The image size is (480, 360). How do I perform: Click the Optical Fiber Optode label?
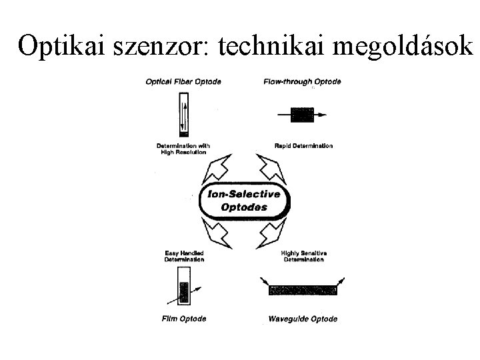tap(183, 82)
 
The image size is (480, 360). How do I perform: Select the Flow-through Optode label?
tap(303, 82)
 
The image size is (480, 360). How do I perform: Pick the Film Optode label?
tap(184, 319)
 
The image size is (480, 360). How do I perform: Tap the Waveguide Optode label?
tap(303, 319)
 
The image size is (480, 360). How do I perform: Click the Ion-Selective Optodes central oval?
tap(245, 201)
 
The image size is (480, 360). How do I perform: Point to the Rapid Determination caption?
tap(303, 145)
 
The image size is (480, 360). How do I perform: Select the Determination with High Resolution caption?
tap(183, 149)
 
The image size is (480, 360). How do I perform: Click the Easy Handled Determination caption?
tap(184, 256)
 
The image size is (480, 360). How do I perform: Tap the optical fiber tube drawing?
tap(184, 114)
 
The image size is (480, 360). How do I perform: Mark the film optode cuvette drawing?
tap(184, 291)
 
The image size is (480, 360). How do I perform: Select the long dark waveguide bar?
tap(302, 290)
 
